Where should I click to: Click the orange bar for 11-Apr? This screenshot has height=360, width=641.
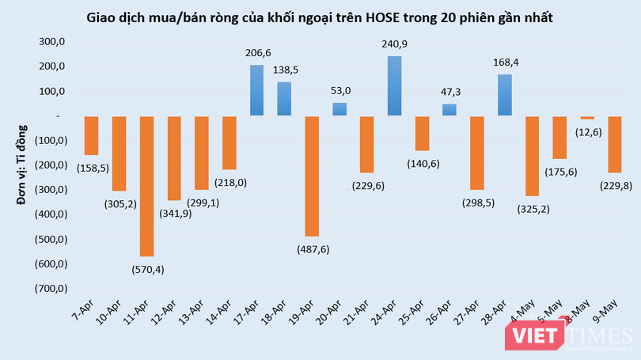pos(146,186)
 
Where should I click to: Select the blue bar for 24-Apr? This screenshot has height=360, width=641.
pos(394,86)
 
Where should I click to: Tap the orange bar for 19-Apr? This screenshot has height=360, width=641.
pos(312,176)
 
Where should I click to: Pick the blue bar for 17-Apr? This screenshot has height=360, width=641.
pos(257,90)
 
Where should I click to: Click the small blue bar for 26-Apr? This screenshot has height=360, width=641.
pos(449,110)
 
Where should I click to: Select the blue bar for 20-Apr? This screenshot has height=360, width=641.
pos(339,109)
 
